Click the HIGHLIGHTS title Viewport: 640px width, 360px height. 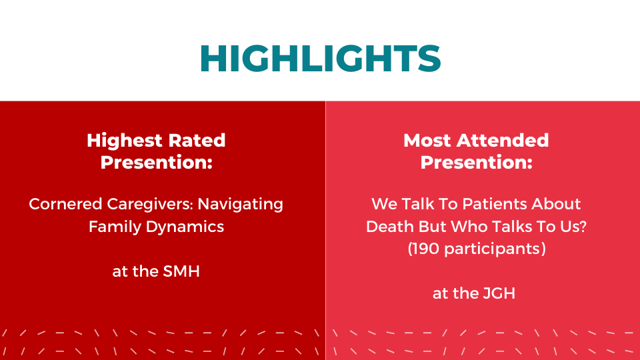coord(321,59)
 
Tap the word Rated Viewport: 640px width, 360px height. coord(197,140)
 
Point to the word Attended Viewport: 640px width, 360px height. coord(503,140)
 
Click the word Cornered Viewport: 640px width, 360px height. coord(65,204)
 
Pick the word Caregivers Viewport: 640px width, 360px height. coord(150,205)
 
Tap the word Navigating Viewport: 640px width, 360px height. coord(241,205)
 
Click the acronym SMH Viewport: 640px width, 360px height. coord(181,271)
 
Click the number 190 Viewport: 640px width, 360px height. coord(426,249)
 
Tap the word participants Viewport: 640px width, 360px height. coord(493,249)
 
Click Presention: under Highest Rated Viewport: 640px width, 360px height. coord(156,162)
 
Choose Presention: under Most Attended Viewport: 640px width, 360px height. coord(476,162)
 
